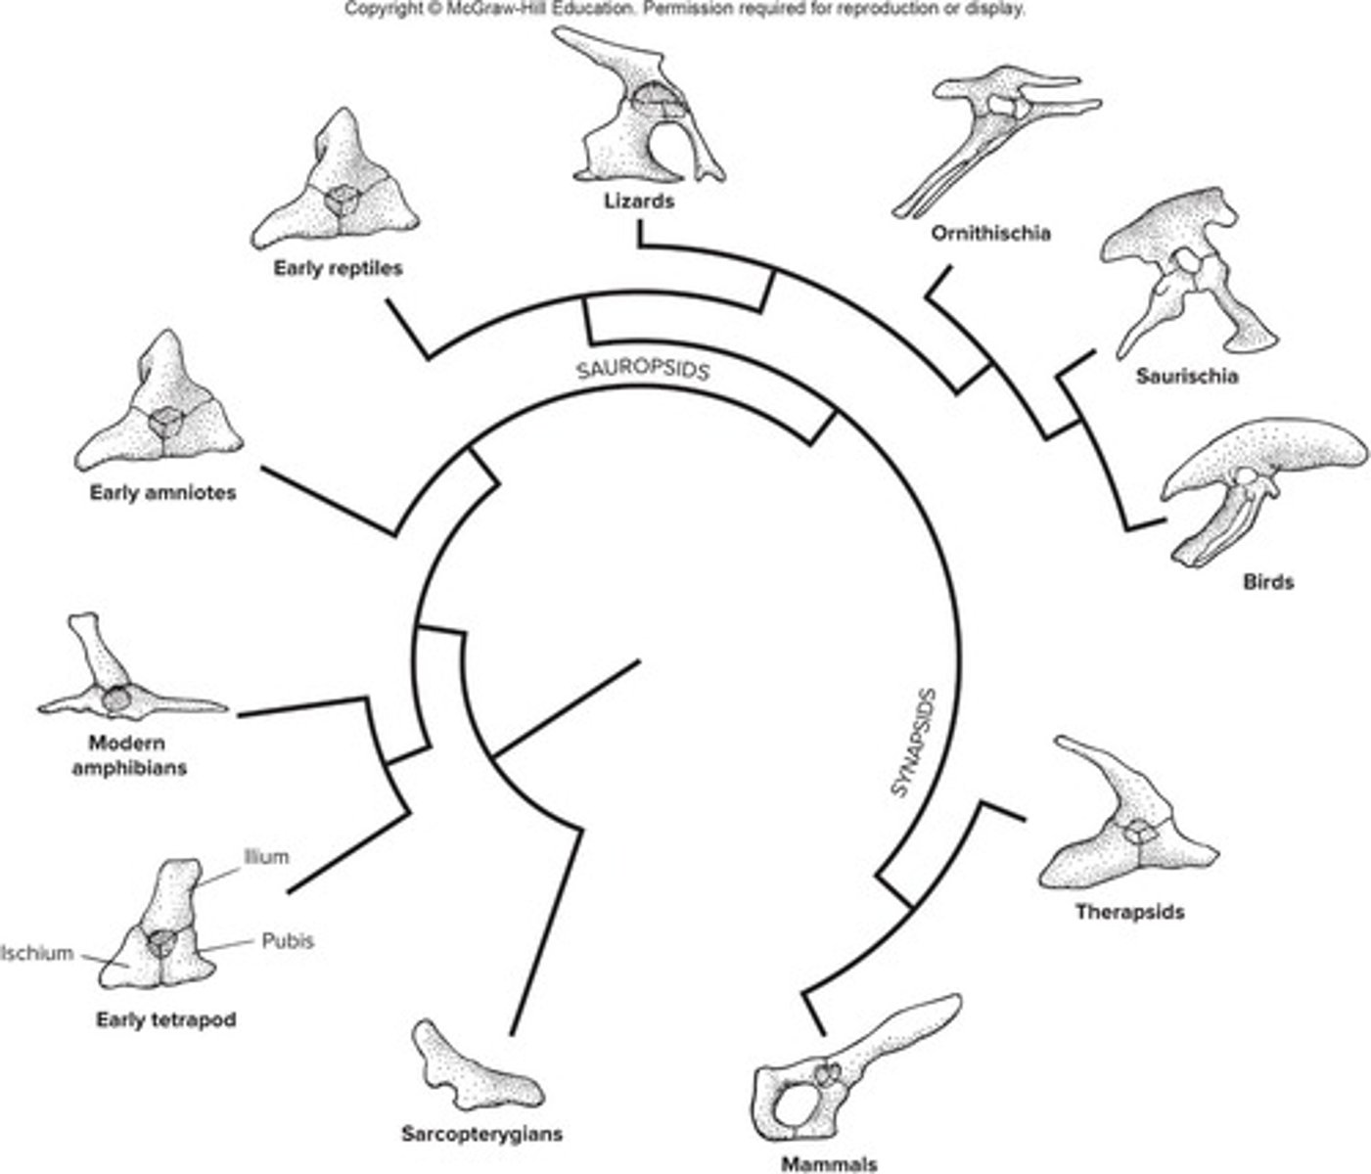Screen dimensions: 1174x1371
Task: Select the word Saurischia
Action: [1187, 376]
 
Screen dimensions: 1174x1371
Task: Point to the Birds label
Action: [1267, 581]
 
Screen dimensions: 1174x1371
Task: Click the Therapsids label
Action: [1129, 912]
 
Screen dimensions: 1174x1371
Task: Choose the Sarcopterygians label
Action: [481, 1134]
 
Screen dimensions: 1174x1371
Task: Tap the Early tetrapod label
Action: [165, 1019]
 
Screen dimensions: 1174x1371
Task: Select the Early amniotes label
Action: [162, 493]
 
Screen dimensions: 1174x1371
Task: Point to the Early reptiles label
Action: [338, 267]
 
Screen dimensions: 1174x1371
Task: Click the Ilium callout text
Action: [266, 857]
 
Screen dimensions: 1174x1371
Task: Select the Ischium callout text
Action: [36, 952]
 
